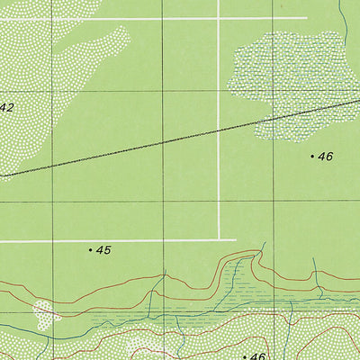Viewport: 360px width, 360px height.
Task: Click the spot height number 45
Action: (103, 250)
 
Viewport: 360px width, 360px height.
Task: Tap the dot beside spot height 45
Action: (91, 249)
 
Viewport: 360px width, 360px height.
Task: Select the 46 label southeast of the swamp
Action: (326, 157)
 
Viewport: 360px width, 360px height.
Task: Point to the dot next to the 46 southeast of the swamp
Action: (313, 157)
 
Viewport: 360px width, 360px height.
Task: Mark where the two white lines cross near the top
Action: (219, 18)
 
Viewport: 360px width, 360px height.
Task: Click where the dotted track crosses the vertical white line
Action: (219, 131)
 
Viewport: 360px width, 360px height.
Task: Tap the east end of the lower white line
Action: (236, 240)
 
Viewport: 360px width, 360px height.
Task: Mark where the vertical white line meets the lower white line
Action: (219, 240)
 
